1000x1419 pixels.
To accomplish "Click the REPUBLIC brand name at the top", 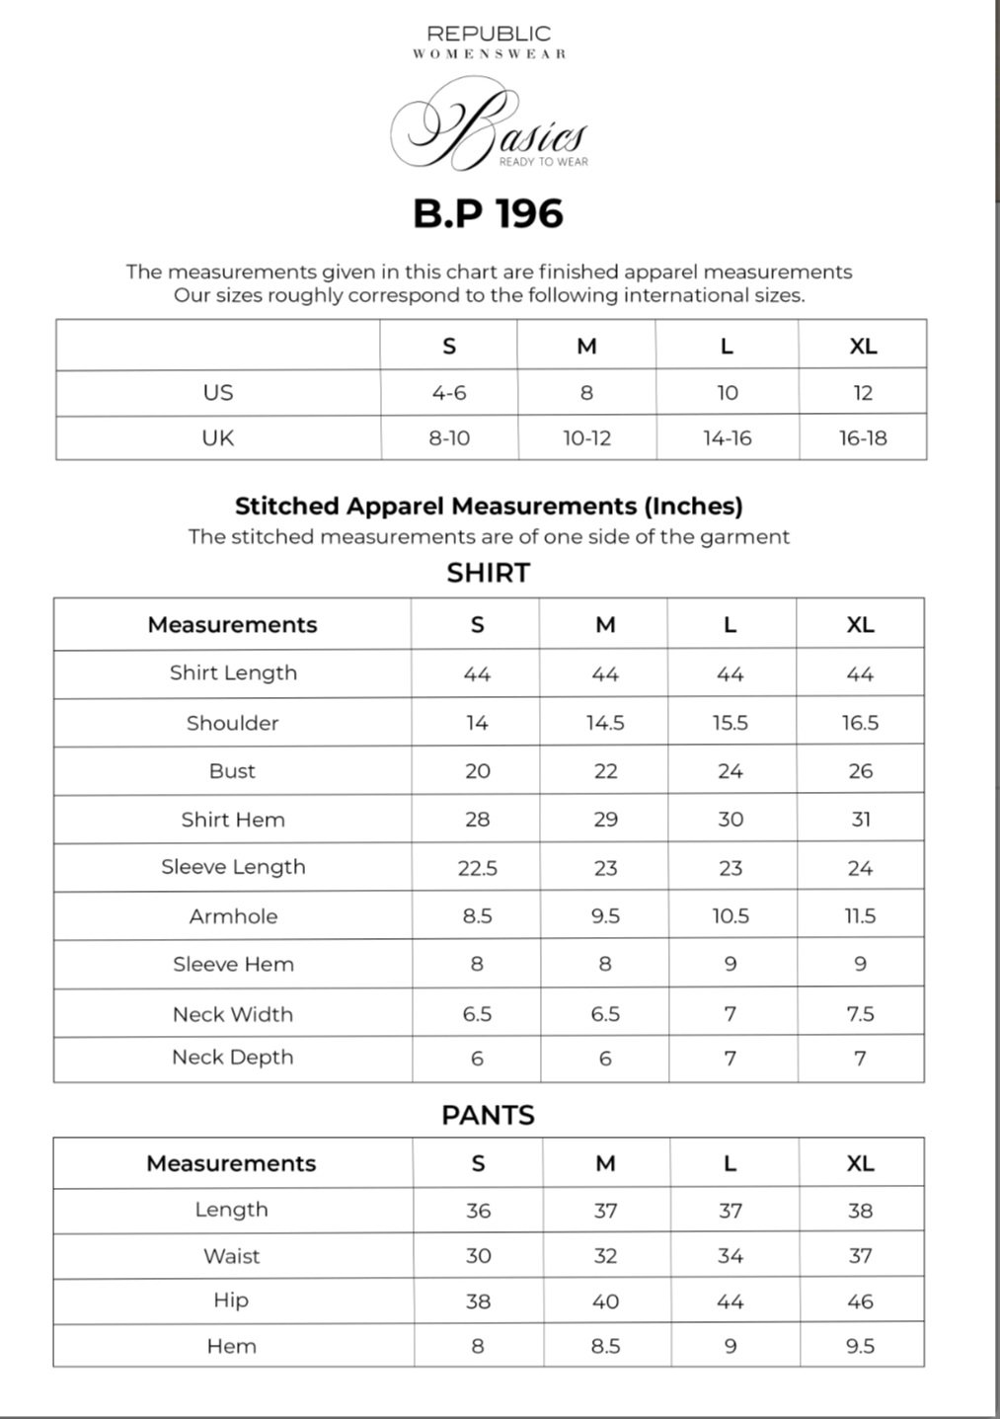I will pyautogui.click(x=489, y=34).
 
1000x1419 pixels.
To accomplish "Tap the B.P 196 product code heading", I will pyautogui.click(x=488, y=213).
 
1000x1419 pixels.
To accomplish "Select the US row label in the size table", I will pyautogui.click(x=217, y=393).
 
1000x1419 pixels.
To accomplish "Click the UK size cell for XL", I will pyautogui.click(x=863, y=438).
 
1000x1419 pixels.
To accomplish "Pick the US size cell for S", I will pyautogui.click(x=449, y=393).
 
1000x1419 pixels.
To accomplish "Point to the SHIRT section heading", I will pyautogui.click(x=488, y=573).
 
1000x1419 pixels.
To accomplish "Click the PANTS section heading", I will pyautogui.click(x=488, y=1115).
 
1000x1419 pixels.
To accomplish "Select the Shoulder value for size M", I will pyautogui.click(x=605, y=723).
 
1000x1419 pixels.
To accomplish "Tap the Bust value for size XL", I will pyautogui.click(x=860, y=771).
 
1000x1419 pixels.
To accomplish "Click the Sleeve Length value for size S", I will pyautogui.click(x=477, y=868).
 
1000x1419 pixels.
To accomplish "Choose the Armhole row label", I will pyautogui.click(x=233, y=916).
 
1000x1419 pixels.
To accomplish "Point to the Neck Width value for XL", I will pyautogui.click(x=860, y=1014).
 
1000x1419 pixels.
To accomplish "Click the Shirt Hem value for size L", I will pyautogui.click(x=731, y=820).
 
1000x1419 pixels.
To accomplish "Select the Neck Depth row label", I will pyautogui.click(x=233, y=1058).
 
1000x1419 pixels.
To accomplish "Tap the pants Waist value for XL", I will pyautogui.click(x=860, y=1256).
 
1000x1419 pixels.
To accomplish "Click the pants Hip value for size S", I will pyautogui.click(x=478, y=1301).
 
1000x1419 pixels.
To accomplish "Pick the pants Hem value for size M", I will pyautogui.click(x=605, y=1346).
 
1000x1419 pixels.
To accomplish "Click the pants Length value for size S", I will pyautogui.click(x=478, y=1211).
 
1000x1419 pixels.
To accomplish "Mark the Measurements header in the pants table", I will pyautogui.click(x=231, y=1163).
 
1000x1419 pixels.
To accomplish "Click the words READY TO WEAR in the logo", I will pyautogui.click(x=543, y=162).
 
